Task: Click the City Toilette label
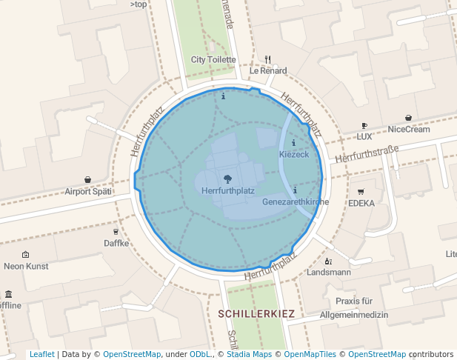(213, 59)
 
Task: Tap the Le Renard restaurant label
(267, 71)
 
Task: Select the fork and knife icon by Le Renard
(268, 59)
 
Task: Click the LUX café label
(364, 137)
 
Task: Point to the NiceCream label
(409, 129)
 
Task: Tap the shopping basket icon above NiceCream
(409, 117)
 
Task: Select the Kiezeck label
(293, 154)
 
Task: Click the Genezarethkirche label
(295, 201)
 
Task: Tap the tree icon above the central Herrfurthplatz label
(227, 179)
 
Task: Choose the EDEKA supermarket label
(361, 203)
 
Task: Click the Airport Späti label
(88, 191)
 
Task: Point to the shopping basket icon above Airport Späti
(88, 179)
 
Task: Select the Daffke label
(116, 243)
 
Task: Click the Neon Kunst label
(25, 266)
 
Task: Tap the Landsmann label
(329, 272)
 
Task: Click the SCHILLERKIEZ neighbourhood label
(257, 314)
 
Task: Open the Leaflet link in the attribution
(41, 354)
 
